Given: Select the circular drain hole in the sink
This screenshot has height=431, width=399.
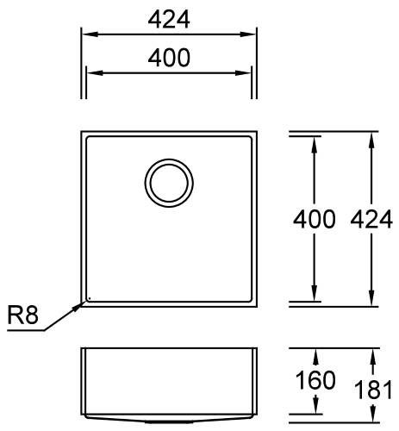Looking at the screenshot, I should click(x=166, y=182).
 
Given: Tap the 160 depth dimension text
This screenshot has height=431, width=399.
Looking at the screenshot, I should click(x=316, y=380).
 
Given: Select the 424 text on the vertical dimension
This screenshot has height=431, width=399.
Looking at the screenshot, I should click(x=371, y=219).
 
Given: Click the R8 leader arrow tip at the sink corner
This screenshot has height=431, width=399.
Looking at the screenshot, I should click(x=84, y=301).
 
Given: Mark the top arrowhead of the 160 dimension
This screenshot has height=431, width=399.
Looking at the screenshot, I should click(x=316, y=355).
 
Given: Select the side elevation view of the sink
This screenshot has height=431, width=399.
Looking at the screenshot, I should click(x=169, y=384).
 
